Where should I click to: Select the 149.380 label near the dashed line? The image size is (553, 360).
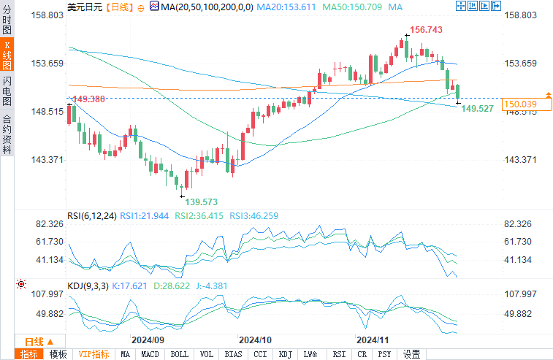88,99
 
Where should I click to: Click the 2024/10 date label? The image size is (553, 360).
256,340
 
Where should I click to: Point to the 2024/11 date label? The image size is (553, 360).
370,340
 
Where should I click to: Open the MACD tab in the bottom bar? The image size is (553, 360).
150,354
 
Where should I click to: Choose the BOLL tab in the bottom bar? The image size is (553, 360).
179,354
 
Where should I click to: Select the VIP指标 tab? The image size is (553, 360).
94,354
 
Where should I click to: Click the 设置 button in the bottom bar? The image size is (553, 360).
412,354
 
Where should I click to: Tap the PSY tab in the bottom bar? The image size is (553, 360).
384,354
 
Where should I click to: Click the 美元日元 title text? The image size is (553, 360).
85,7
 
